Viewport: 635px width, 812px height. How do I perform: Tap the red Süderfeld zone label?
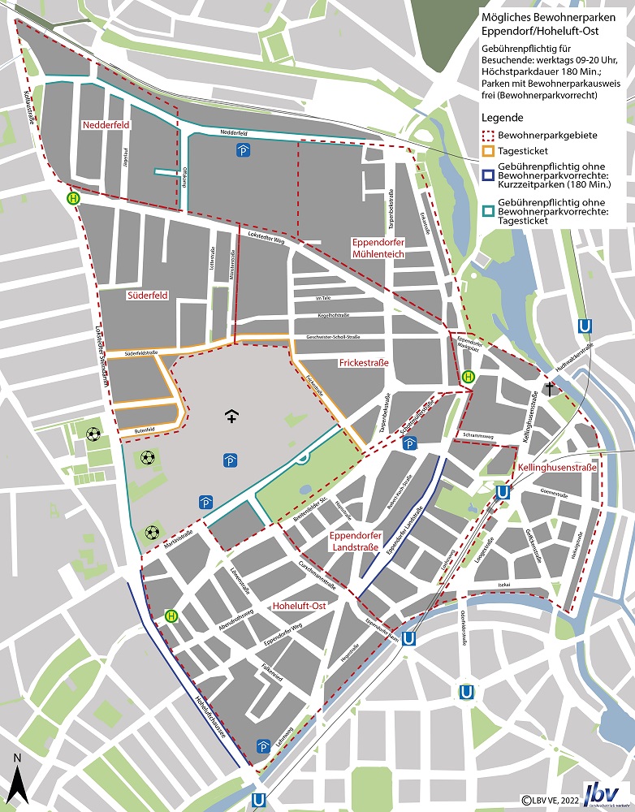tap(147, 296)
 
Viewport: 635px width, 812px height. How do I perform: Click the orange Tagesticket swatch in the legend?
tap(488, 151)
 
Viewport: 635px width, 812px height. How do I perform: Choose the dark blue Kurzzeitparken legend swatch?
tap(488, 173)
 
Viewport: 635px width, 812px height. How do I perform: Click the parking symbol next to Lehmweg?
tap(263, 745)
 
